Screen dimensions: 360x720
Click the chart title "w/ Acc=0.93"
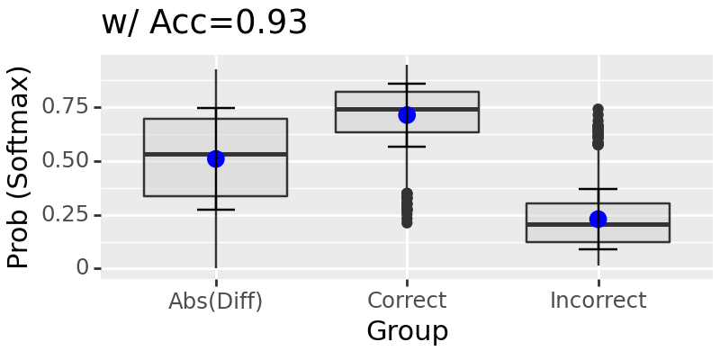pos(204,23)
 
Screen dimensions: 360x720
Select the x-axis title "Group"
pos(407,331)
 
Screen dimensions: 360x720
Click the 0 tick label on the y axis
pos(83,268)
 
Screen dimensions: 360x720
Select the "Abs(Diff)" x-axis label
pos(216,301)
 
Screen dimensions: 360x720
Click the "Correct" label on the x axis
pos(407,301)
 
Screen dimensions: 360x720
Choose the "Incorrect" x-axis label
pos(598,301)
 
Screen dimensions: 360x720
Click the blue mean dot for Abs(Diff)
pos(216,158)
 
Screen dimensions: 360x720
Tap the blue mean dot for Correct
pos(407,115)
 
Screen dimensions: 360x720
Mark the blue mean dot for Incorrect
pos(598,219)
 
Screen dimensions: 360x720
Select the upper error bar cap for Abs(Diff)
pos(216,108)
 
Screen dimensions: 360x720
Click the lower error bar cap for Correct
pos(407,147)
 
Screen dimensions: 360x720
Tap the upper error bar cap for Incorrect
pos(598,189)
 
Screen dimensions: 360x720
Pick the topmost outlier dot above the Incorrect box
pos(598,110)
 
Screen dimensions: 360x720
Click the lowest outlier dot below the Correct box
pos(407,221)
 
